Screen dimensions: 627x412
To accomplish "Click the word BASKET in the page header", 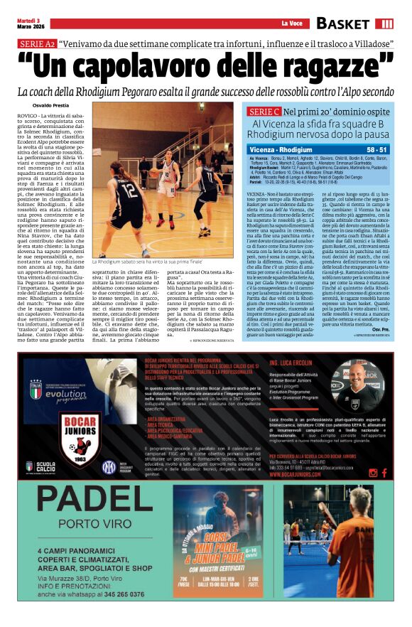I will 344,23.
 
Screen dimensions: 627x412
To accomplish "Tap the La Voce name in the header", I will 293,24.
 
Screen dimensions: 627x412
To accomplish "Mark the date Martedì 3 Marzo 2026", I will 28,24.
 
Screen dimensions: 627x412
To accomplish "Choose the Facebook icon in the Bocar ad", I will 384,472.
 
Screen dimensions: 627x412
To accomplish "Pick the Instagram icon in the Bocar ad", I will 373,472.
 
